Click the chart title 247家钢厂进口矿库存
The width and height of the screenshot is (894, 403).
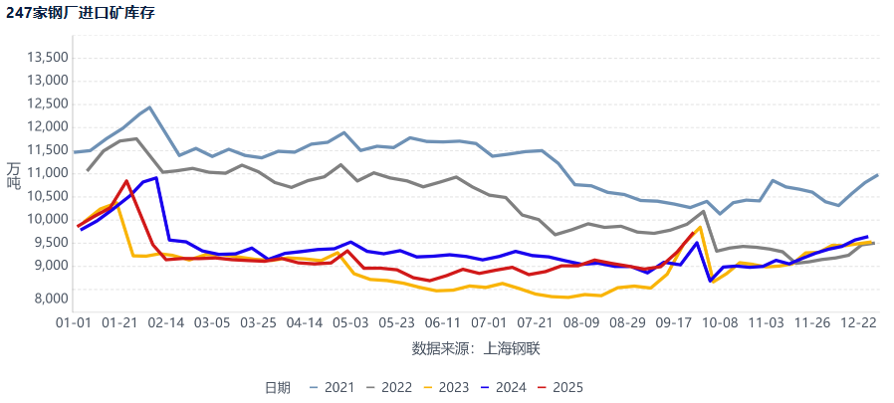tap(80, 13)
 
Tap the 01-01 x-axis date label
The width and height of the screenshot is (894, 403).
tap(74, 323)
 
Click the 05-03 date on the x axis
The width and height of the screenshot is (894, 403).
tap(350, 323)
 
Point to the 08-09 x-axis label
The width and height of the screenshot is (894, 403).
tap(580, 323)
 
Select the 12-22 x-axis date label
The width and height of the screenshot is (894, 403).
tap(858, 323)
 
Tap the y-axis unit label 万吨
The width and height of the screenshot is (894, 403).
tap(13, 175)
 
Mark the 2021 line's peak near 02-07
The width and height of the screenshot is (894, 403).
tap(149, 107)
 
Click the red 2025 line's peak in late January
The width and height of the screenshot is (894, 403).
tap(126, 181)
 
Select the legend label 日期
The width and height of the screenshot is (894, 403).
tap(277, 387)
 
